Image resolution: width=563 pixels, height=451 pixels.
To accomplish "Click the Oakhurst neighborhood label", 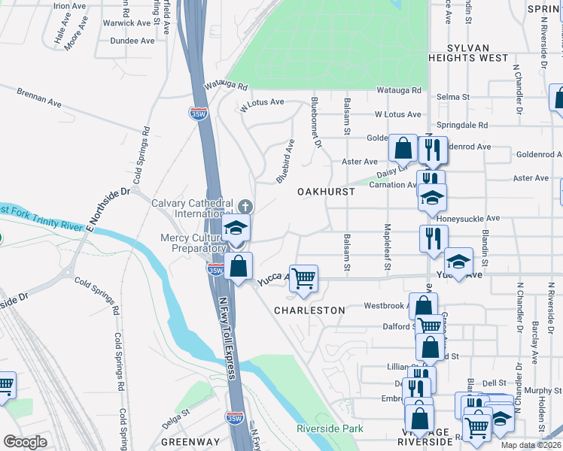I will tap(326, 192).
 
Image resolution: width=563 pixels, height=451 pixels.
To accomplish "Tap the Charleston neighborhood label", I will tap(309, 310).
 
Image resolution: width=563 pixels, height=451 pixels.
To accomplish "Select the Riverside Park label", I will tap(330, 428).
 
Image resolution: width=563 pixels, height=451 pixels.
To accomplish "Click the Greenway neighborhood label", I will tap(190, 442).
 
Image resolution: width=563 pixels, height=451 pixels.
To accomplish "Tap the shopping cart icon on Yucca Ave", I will tap(304, 279).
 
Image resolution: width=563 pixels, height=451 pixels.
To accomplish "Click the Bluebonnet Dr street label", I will tap(317, 123).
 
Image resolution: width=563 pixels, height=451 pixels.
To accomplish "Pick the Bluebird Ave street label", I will tap(284, 161).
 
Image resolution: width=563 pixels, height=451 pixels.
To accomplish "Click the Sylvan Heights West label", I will tap(467, 51).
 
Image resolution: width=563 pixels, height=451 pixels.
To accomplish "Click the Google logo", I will tap(25, 442).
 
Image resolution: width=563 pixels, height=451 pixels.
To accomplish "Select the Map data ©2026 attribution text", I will tap(531, 445).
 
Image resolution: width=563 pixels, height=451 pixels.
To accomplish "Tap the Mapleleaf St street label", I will tap(388, 241).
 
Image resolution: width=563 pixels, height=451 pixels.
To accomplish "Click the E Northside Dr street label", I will tap(109, 209).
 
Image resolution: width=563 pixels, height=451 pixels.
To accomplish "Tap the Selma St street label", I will tap(455, 98).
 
